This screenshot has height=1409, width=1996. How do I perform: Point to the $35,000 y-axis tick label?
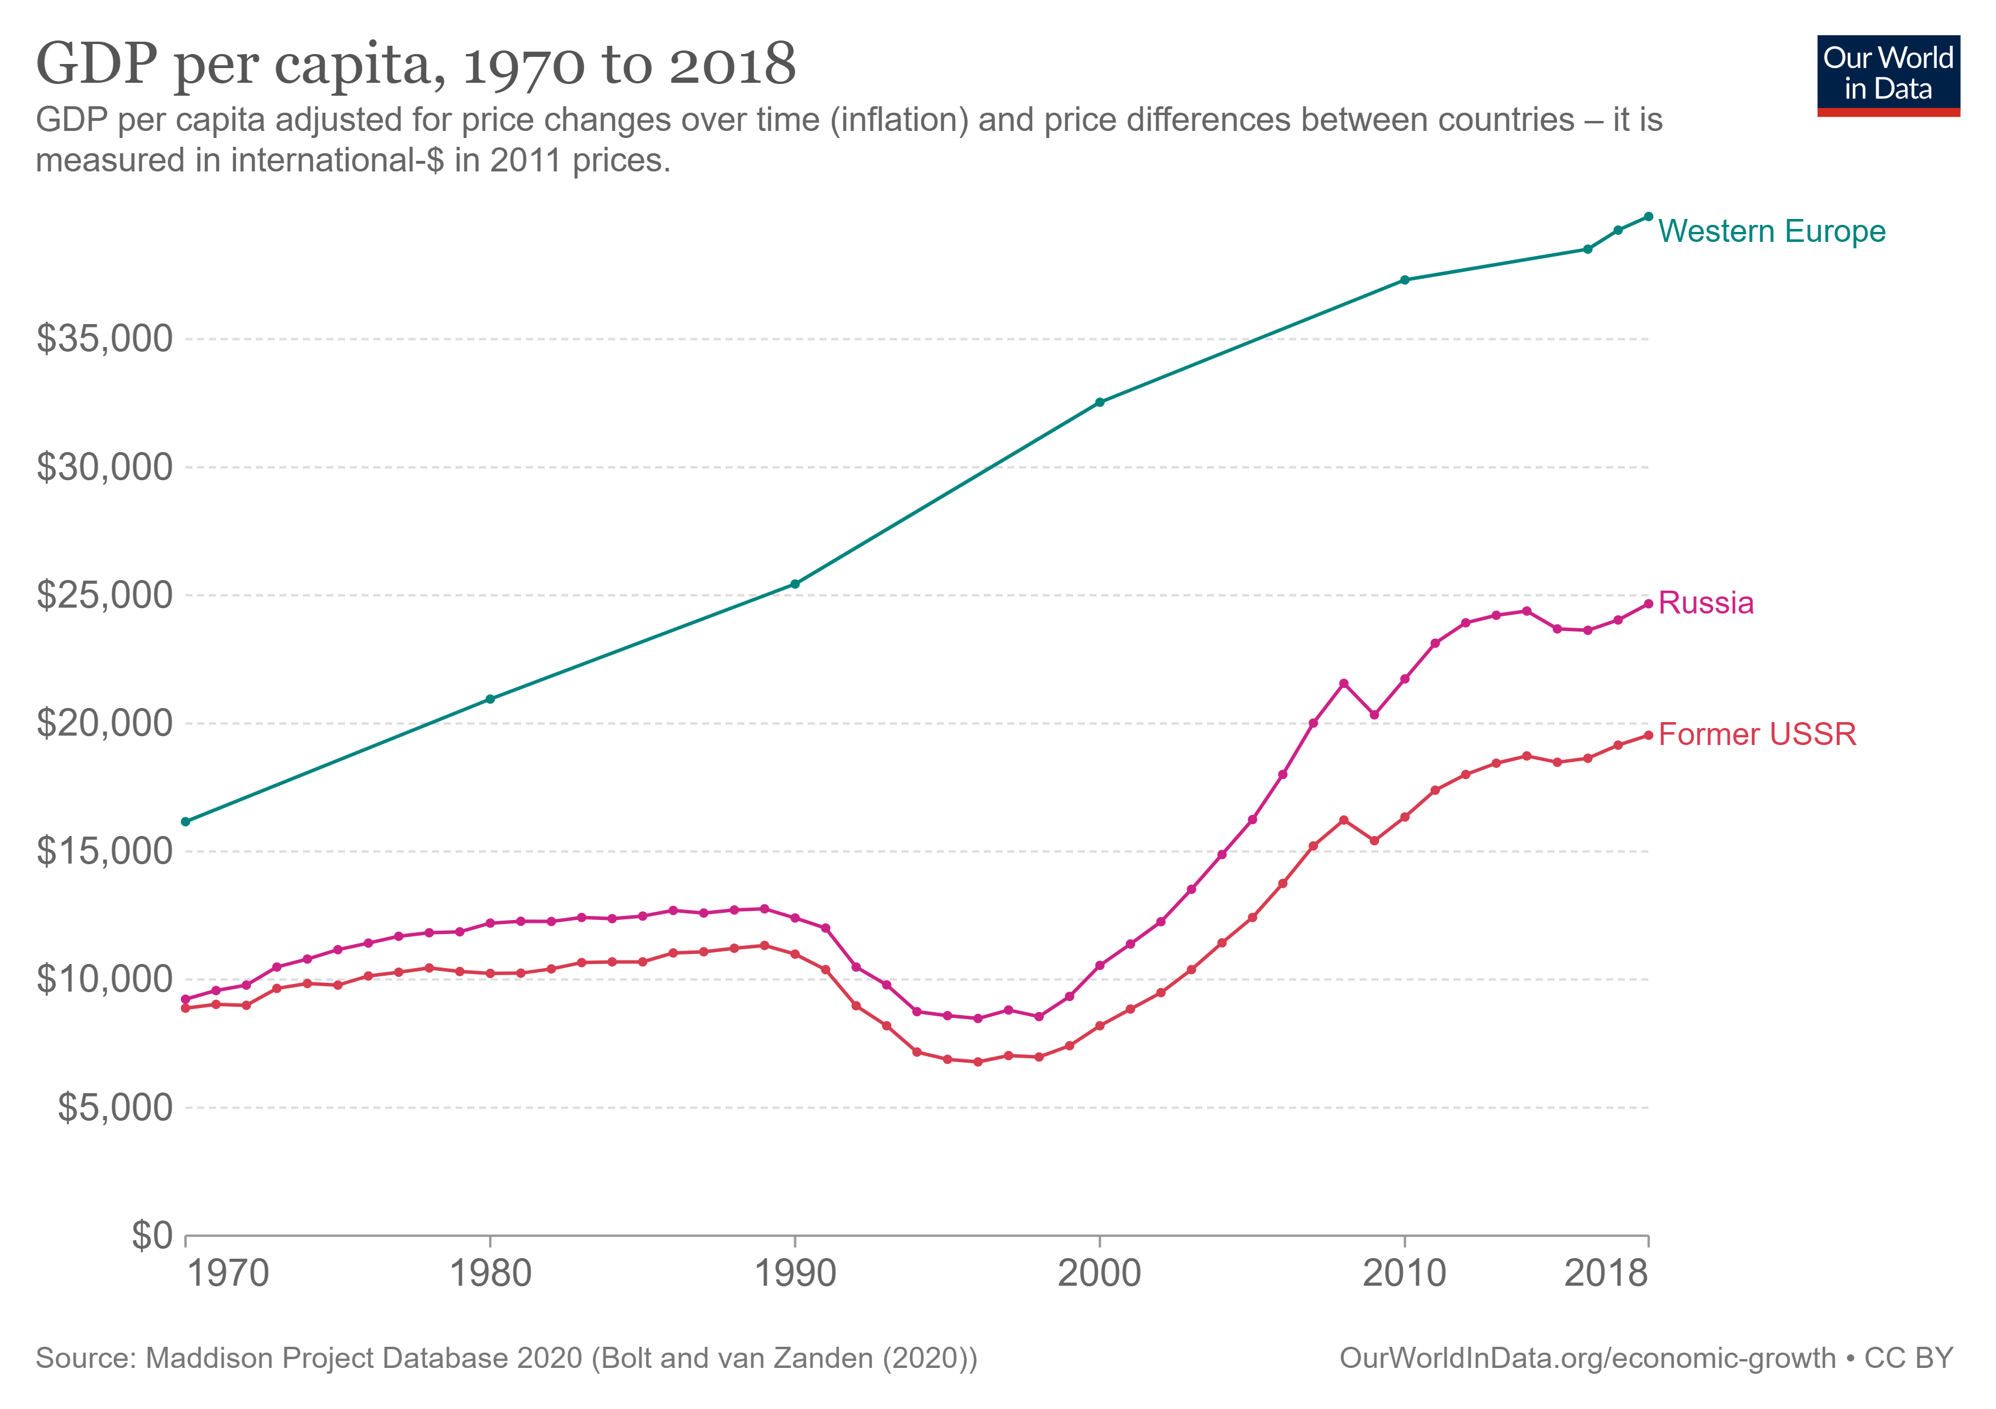[104, 338]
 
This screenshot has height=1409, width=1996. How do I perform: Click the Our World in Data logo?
[1887, 75]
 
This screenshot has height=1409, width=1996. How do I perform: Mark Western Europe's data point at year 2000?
[1100, 403]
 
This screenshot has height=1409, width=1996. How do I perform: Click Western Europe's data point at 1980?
[490, 699]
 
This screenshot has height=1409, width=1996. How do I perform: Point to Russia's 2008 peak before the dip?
[1343, 683]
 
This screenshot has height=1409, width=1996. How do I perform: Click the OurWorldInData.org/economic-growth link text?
[1587, 1358]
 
